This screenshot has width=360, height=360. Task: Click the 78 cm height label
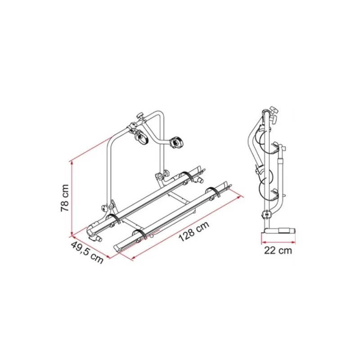[x=65, y=198]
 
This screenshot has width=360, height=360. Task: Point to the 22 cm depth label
[x=278, y=250]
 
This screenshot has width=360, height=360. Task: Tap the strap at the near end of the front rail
[x=140, y=234]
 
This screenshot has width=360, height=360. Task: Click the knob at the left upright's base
[x=105, y=208]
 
